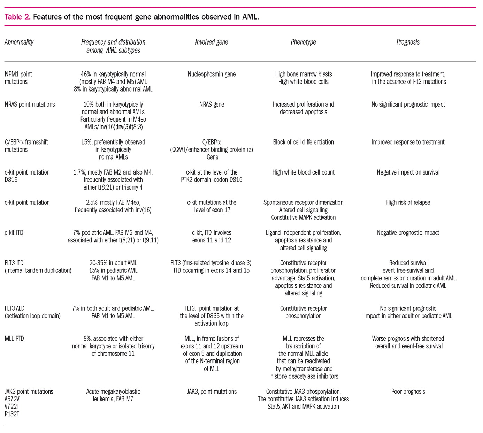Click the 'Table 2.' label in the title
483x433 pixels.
[17, 17]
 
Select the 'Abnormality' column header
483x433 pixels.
[19, 42]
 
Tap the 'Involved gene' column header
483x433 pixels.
[212, 42]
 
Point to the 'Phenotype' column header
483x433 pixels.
[303, 42]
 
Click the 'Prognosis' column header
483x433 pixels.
[408, 42]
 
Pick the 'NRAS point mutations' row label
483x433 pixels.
[30, 105]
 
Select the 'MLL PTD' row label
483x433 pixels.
[14, 339]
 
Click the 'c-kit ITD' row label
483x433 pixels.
[14, 233]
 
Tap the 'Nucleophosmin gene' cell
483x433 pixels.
[212, 74]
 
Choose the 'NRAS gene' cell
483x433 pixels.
[212, 105]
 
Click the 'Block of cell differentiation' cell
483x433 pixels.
[303, 142]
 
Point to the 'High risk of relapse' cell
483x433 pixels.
[408, 203]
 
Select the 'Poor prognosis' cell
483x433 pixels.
[408, 392]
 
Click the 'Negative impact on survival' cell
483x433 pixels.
[408, 172]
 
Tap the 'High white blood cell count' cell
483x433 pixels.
[303, 172]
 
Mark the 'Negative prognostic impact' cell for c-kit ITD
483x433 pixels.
[408, 233]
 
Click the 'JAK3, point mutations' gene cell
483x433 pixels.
[212, 392]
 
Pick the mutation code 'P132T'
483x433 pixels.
[12, 414]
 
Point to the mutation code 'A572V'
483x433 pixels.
[12, 399]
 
